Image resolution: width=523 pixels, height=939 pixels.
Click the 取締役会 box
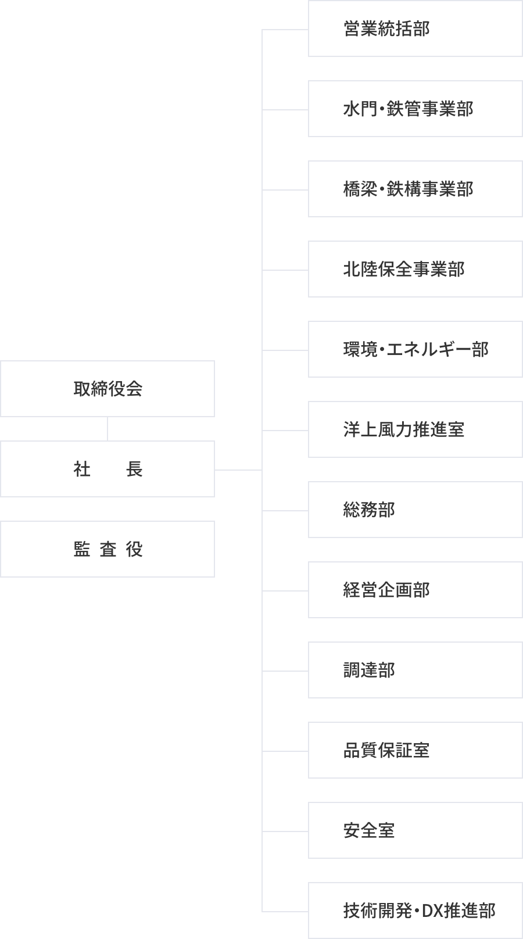108,388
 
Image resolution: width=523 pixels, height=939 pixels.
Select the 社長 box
108,469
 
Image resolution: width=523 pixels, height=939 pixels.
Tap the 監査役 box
108,549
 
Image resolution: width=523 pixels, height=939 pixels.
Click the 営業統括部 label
386,28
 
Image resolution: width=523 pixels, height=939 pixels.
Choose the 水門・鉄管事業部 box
415,109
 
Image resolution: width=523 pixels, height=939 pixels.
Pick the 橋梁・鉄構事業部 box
415,189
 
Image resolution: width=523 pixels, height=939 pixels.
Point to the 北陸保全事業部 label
404,269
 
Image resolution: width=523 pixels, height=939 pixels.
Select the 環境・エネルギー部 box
415,349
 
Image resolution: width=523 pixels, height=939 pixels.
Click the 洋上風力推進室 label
404,429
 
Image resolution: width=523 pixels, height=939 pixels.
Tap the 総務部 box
415,510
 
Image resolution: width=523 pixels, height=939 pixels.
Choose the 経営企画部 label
386,590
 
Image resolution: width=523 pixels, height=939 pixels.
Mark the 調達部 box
415,670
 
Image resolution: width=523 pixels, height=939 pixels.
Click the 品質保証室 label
386,750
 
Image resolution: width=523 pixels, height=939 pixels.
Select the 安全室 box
415,830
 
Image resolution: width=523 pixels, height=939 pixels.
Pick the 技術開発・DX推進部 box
415,911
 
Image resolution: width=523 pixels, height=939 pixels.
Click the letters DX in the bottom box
432,911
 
